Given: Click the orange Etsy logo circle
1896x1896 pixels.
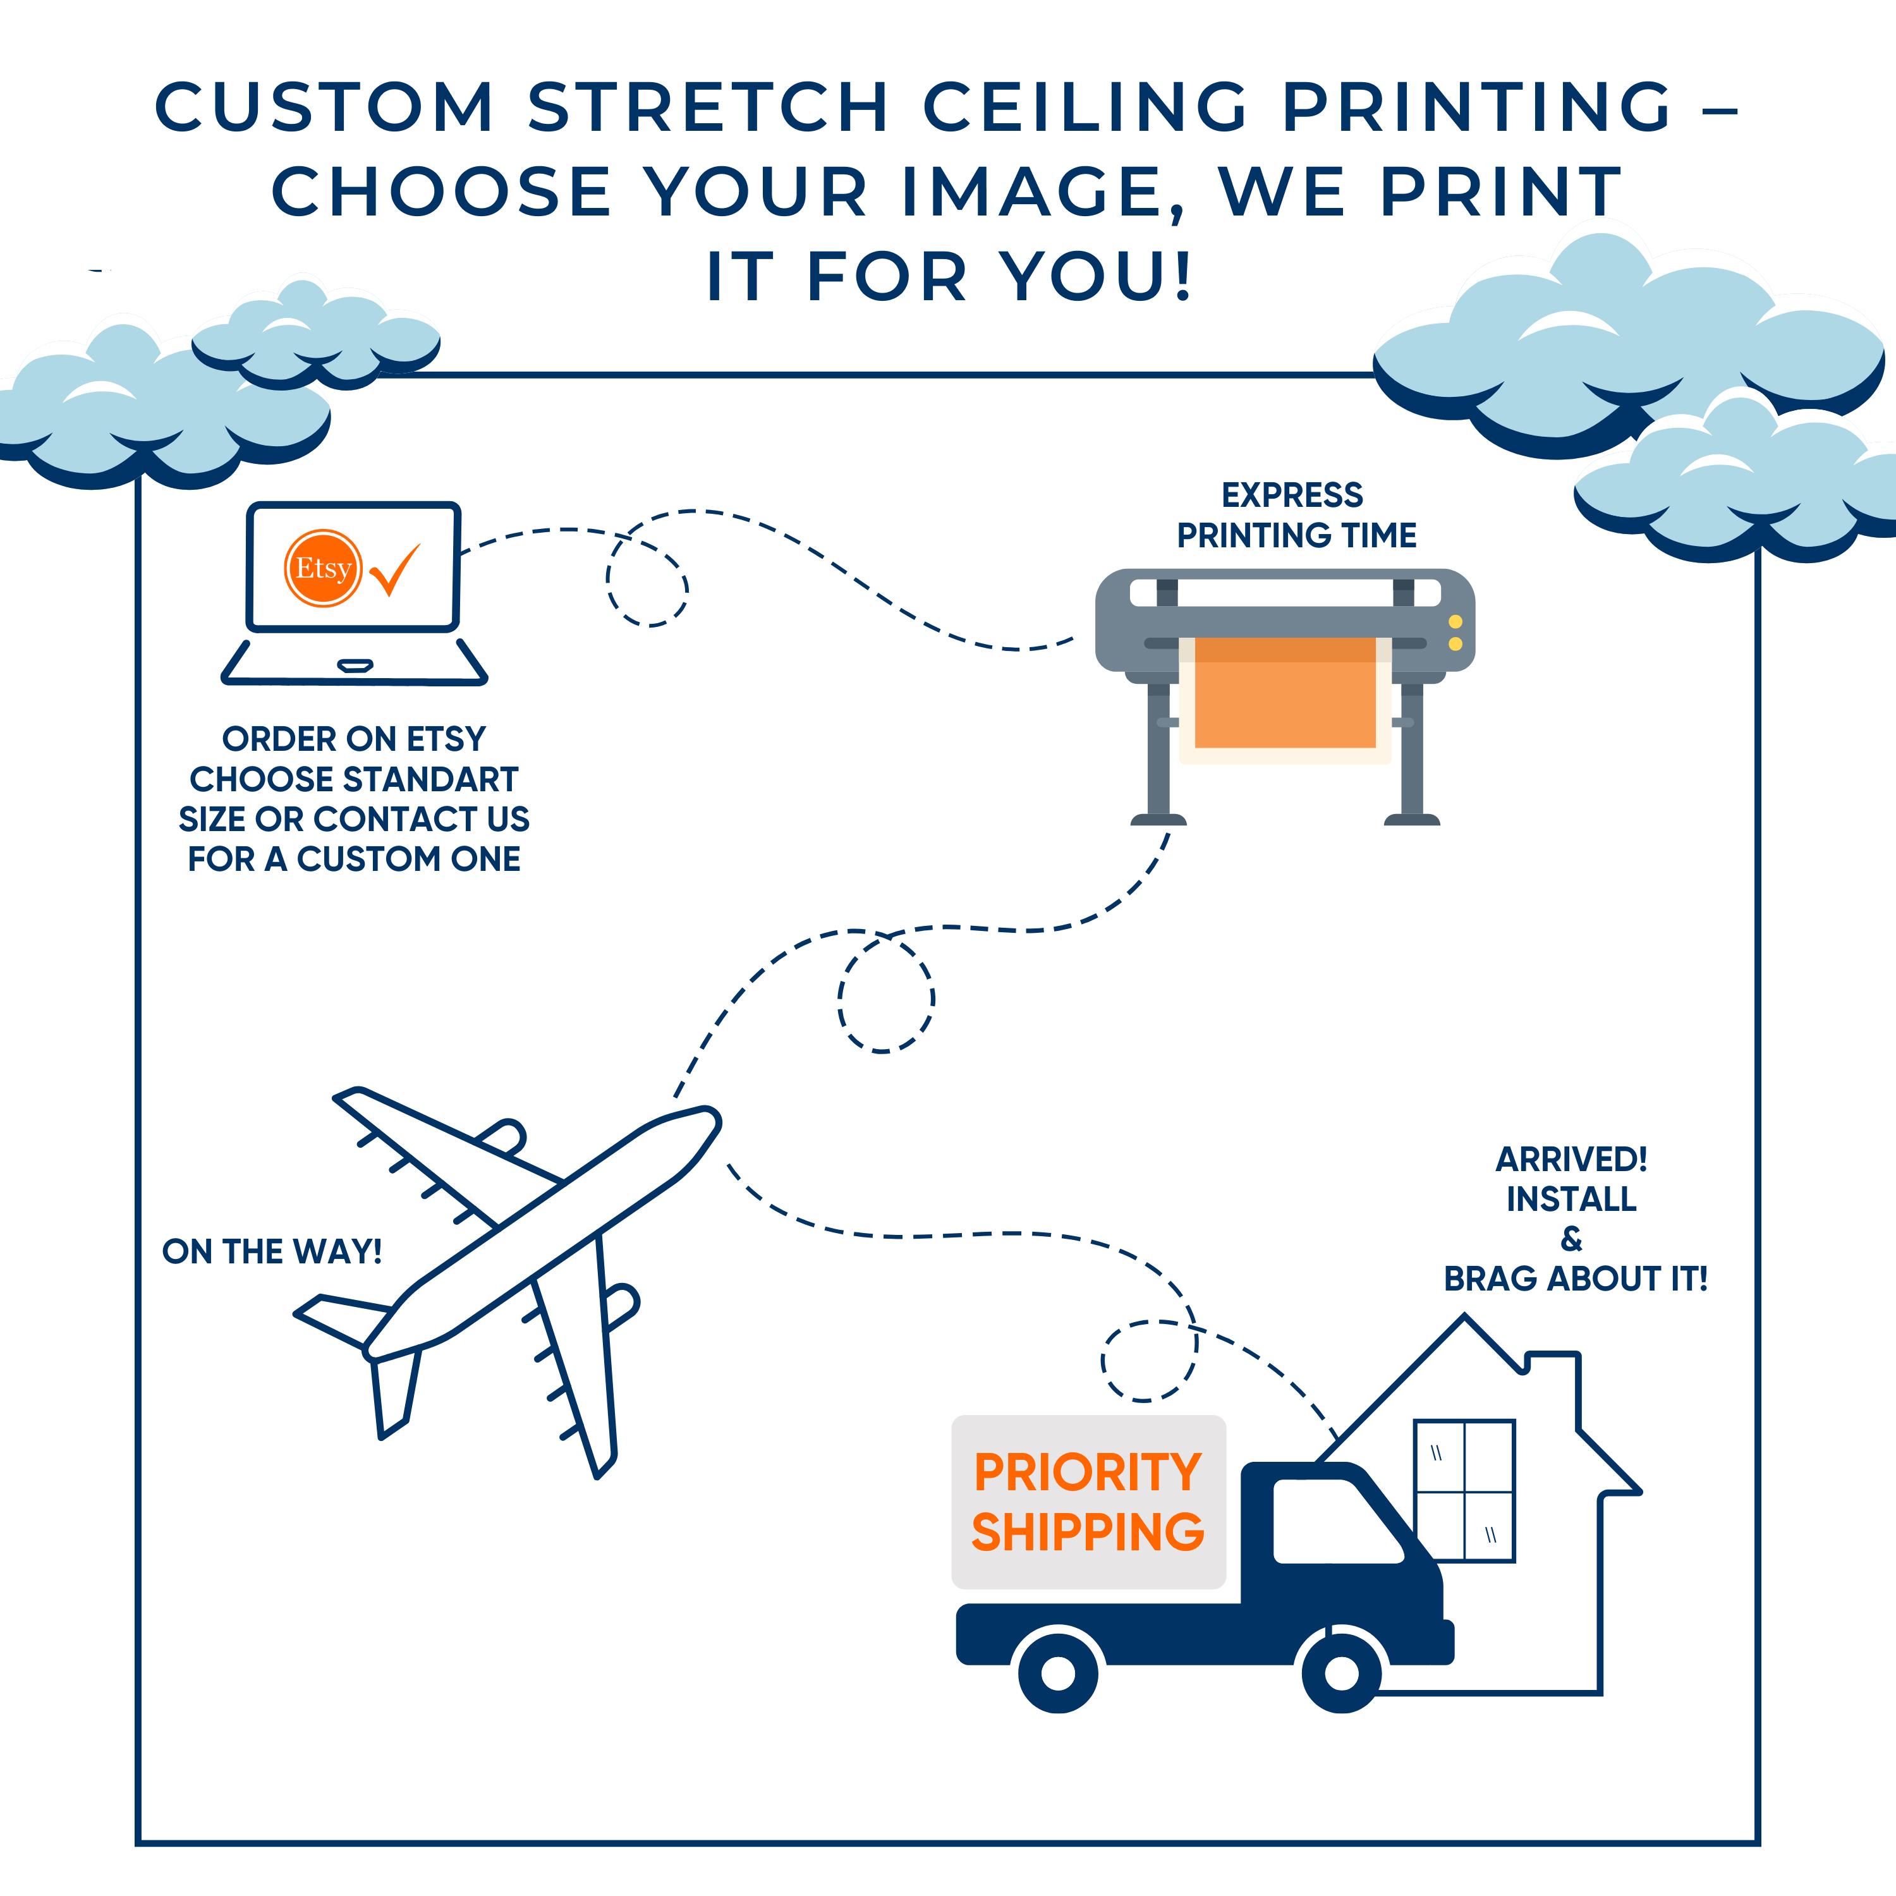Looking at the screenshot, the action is [x=323, y=568].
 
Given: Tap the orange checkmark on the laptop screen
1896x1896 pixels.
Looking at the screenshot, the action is [x=396, y=569].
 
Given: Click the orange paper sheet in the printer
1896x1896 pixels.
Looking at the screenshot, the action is [x=1285, y=693].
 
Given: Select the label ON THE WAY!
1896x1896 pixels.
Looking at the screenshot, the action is [x=272, y=1252].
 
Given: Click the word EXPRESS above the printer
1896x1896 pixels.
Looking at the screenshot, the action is [x=1292, y=495].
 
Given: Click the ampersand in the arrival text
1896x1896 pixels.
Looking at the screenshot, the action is [x=1571, y=1239].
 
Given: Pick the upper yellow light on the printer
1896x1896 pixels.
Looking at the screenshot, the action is [x=1455, y=622].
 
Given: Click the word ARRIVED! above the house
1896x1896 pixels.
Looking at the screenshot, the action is [x=1571, y=1160].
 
